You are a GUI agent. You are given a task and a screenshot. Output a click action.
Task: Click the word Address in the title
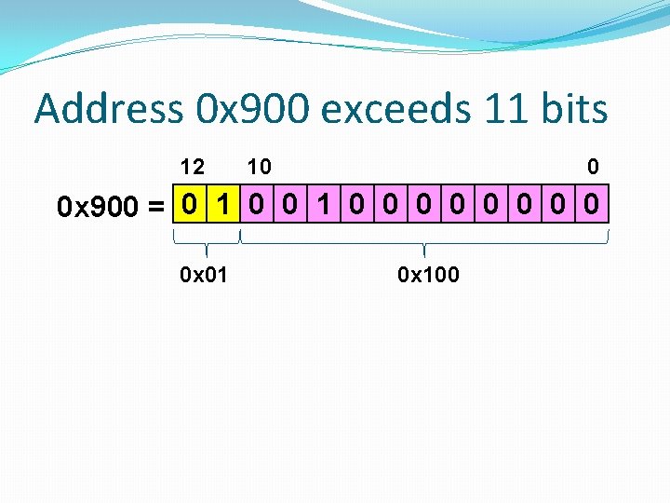[x=108, y=109]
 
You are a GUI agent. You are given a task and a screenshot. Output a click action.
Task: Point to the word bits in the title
[x=573, y=109]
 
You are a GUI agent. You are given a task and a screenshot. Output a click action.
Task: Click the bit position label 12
[x=192, y=167]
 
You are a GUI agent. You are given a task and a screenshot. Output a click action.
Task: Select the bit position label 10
[x=259, y=167]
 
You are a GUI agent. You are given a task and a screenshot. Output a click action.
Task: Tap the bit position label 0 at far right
[x=593, y=167]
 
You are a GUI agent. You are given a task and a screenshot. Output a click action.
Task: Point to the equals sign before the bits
[x=157, y=206]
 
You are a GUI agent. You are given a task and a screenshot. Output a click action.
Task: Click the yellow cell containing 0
[x=190, y=204]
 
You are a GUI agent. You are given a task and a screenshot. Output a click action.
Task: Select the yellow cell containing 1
[x=223, y=204]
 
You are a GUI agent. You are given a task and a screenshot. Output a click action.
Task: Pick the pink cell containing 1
[x=323, y=204]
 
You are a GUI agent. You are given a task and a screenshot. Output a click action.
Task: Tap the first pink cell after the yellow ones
[x=256, y=204]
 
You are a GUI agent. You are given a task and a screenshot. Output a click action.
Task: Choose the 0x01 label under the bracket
[x=205, y=275]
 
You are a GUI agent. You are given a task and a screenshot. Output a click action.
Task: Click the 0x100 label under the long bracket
[x=428, y=275]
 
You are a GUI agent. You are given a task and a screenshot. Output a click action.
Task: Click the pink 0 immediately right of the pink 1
[x=356, y=204]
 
